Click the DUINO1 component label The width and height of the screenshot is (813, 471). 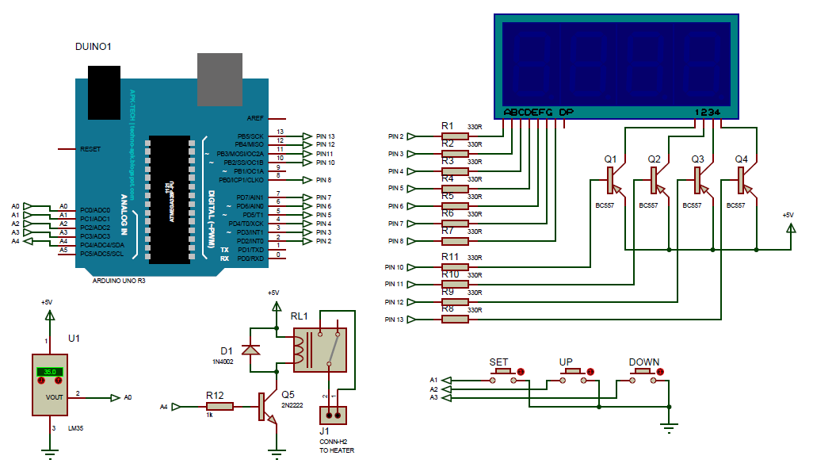point(93,48)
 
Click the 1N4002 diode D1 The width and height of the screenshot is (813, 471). point(252,350)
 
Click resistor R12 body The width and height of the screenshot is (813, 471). point(219,407)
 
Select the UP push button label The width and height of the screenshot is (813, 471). point(566,362)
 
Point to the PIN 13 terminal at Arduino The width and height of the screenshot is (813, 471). point(309,136)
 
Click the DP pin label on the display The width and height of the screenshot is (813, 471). point(566,113)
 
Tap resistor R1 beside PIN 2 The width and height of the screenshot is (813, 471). point(455,136)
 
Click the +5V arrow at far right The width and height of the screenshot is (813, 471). point(789,228)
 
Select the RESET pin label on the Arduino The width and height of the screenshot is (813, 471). point(90,149)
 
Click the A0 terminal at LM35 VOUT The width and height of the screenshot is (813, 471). point(116,397)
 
